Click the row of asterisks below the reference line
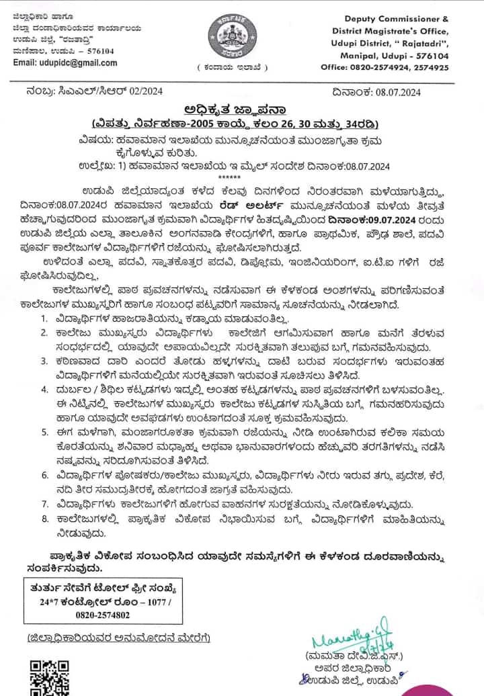pos(242,171)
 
